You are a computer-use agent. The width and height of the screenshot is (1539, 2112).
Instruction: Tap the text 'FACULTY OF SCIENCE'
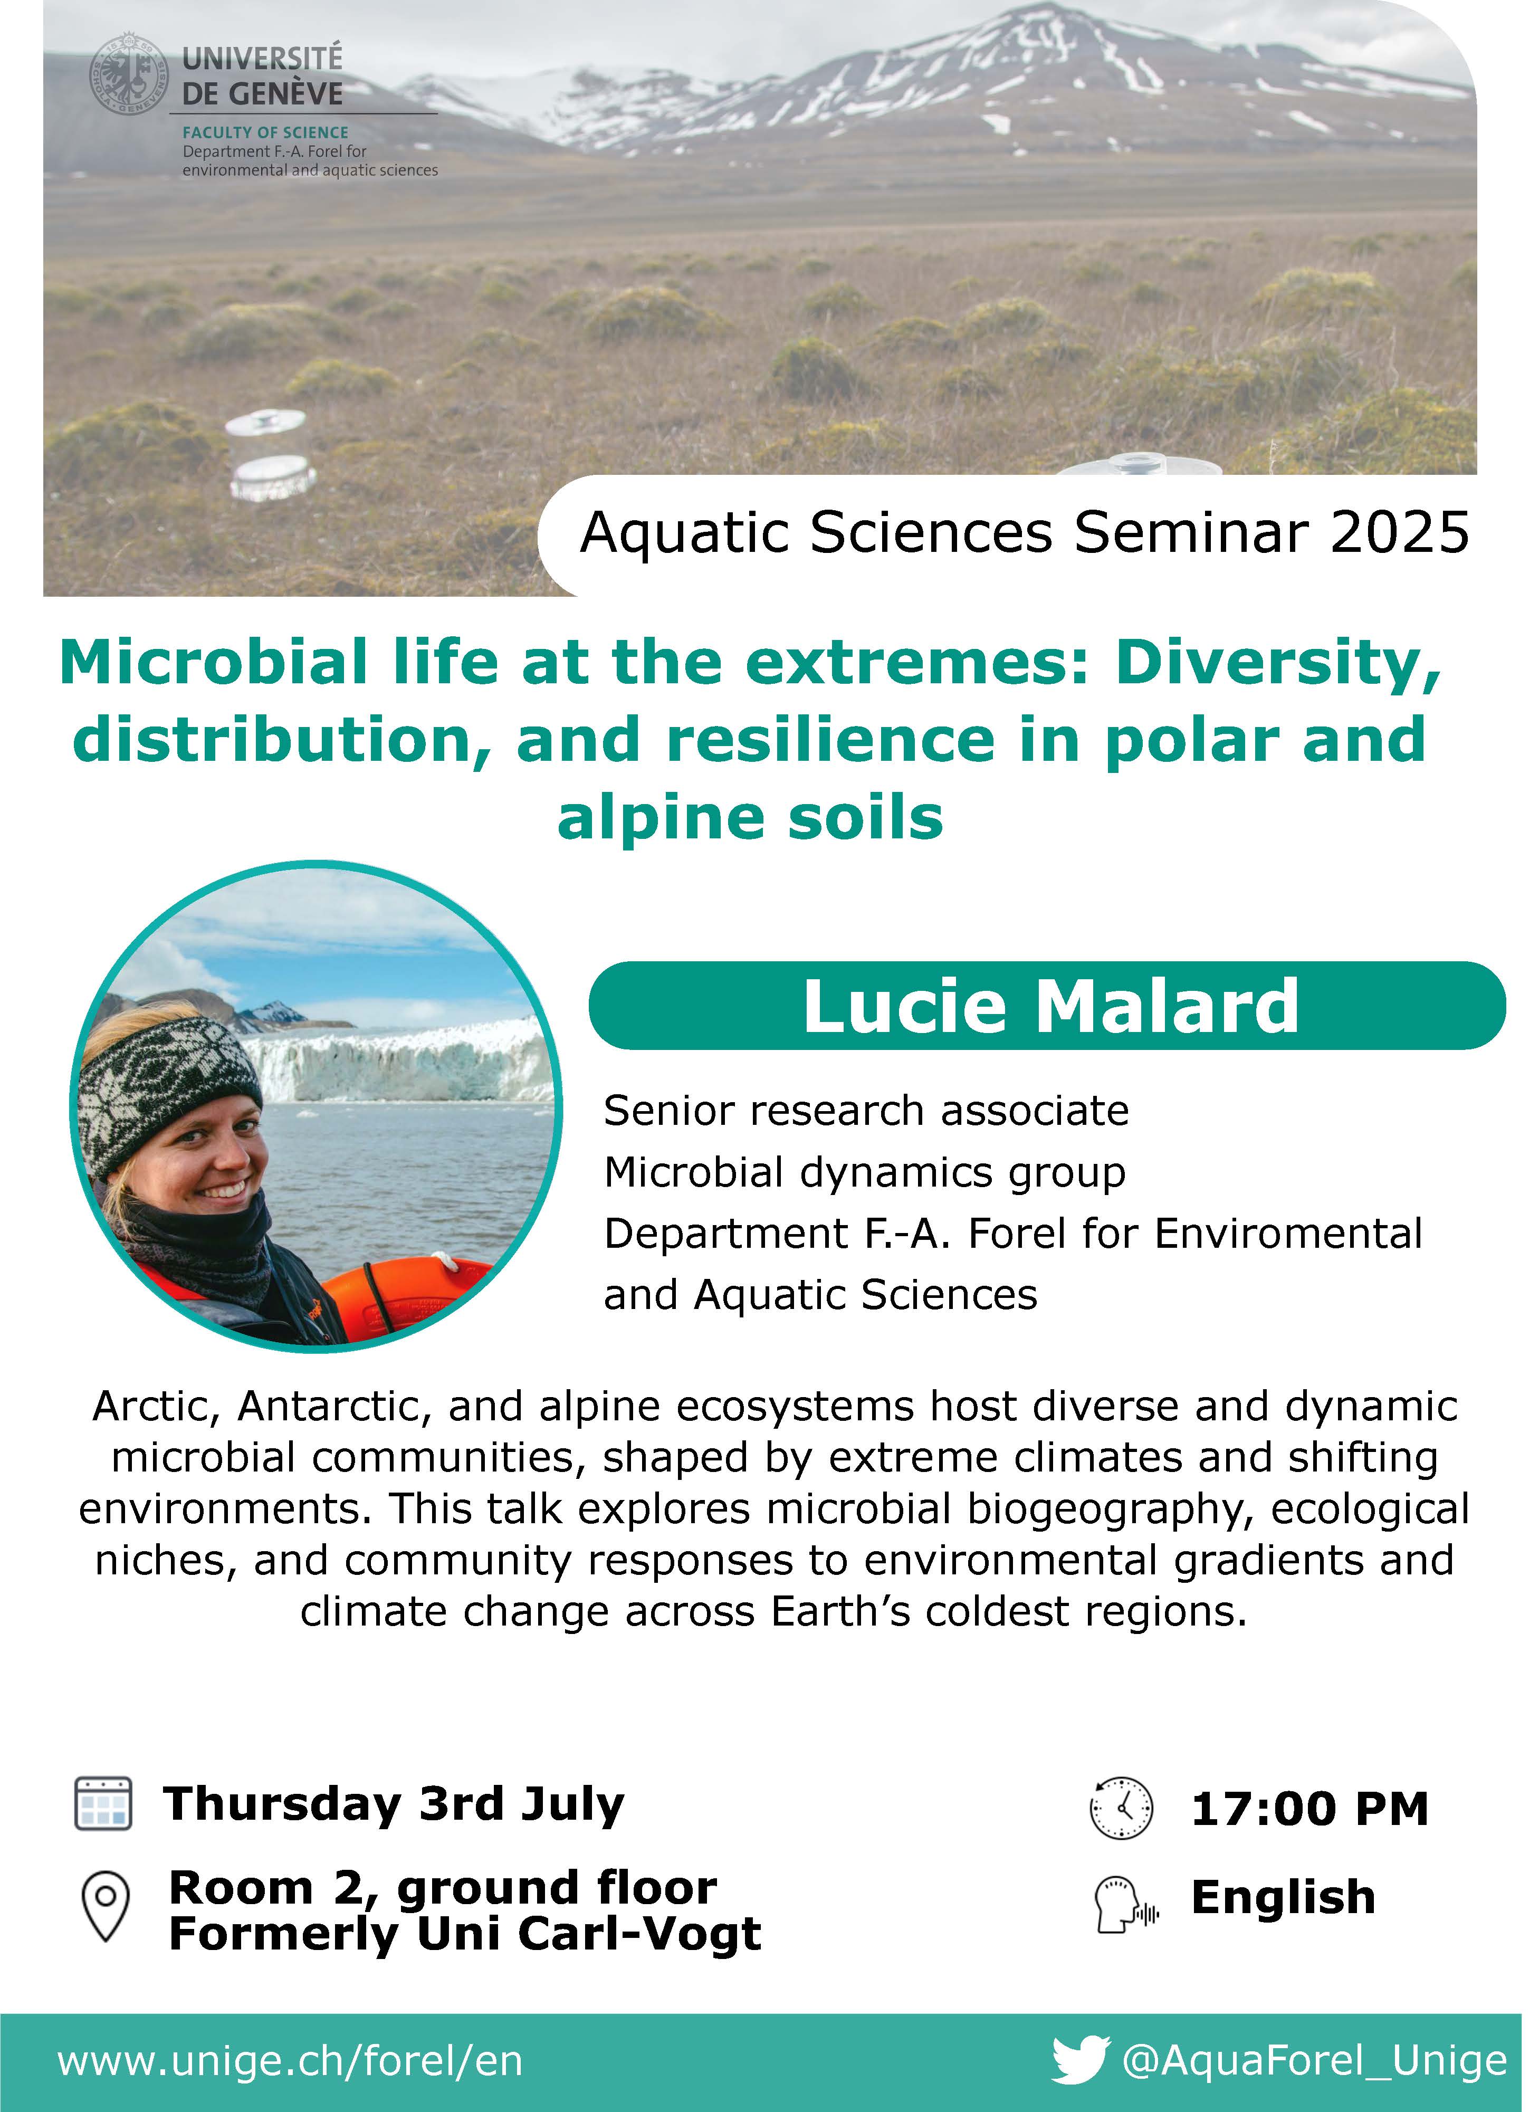click(x=265, y=133)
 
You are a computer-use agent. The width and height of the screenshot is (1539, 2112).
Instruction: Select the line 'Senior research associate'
click(x=866, y=1112)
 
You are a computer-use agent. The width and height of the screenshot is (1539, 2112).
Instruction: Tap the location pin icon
click(x=106, y=1907)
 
